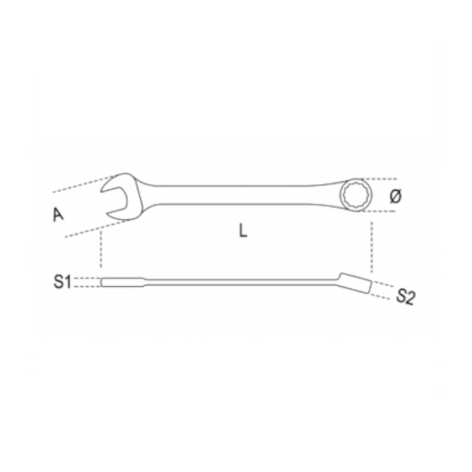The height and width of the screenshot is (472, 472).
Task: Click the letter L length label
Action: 243,232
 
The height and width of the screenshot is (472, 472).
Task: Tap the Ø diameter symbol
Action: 395,196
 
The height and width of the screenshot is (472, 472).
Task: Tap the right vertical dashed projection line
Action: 371,243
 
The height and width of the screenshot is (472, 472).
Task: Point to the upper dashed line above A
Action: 80,184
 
